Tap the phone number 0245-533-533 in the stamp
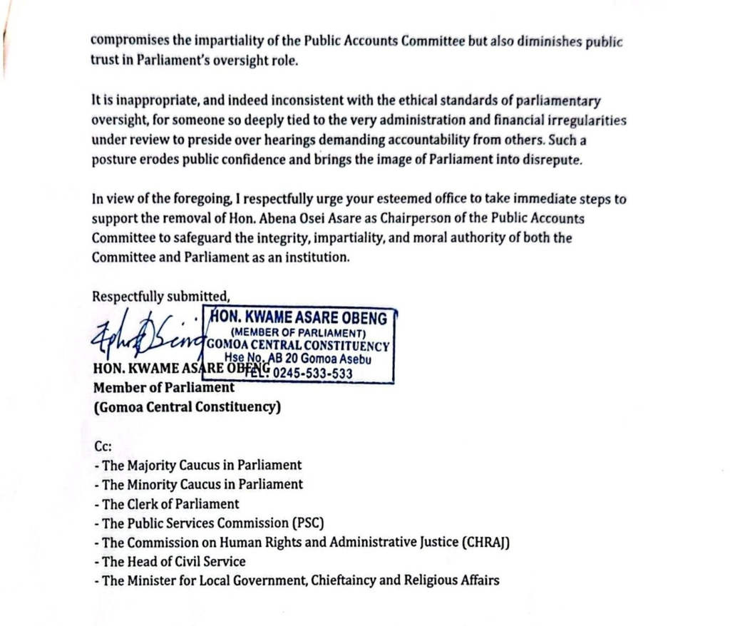313,373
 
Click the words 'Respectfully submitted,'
161,297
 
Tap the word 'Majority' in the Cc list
152,465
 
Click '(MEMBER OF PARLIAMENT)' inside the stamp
299,333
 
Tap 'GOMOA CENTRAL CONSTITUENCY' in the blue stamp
299,347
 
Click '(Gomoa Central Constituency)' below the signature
187,408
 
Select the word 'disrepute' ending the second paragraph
553,160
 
